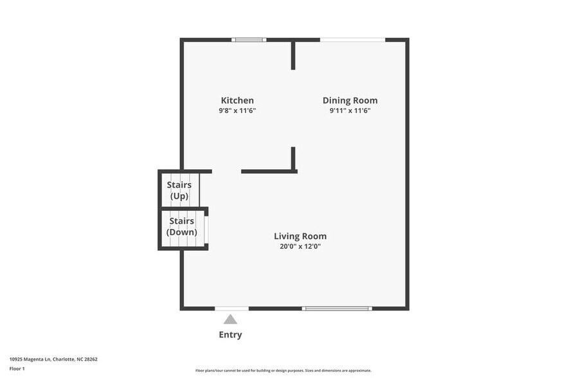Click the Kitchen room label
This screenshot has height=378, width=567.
[x=237, y=100]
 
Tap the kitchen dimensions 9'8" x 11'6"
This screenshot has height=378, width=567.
[x=237, y=111]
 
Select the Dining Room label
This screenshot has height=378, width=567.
[x=350, y=100]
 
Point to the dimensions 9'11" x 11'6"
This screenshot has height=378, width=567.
[x=350, y=111]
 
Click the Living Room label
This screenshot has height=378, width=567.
[x=300, y=236]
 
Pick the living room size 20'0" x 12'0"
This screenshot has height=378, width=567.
[x=300, y=246]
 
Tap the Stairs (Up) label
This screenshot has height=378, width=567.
[x=179, y=190]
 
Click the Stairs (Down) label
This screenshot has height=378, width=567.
[x=181, y=226]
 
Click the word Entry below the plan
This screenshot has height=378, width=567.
[x=230, y=335]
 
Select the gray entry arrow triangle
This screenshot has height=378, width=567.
[x=230, y=319]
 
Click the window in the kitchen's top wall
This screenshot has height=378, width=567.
[x=249, y=40]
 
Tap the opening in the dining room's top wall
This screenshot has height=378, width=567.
[x=352, y=40]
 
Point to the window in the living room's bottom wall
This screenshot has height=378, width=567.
[x=337, y=309]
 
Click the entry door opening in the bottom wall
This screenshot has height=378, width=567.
[x=231, y=309]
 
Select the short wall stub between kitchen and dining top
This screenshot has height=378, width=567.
[x=294, y=55]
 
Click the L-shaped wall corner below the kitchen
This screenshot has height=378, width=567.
[x=292, y=170]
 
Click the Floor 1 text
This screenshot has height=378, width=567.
[x=17, y=368]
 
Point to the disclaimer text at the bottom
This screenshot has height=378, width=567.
[x=283, y=370]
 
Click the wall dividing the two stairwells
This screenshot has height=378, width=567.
[x=183, y=208]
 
